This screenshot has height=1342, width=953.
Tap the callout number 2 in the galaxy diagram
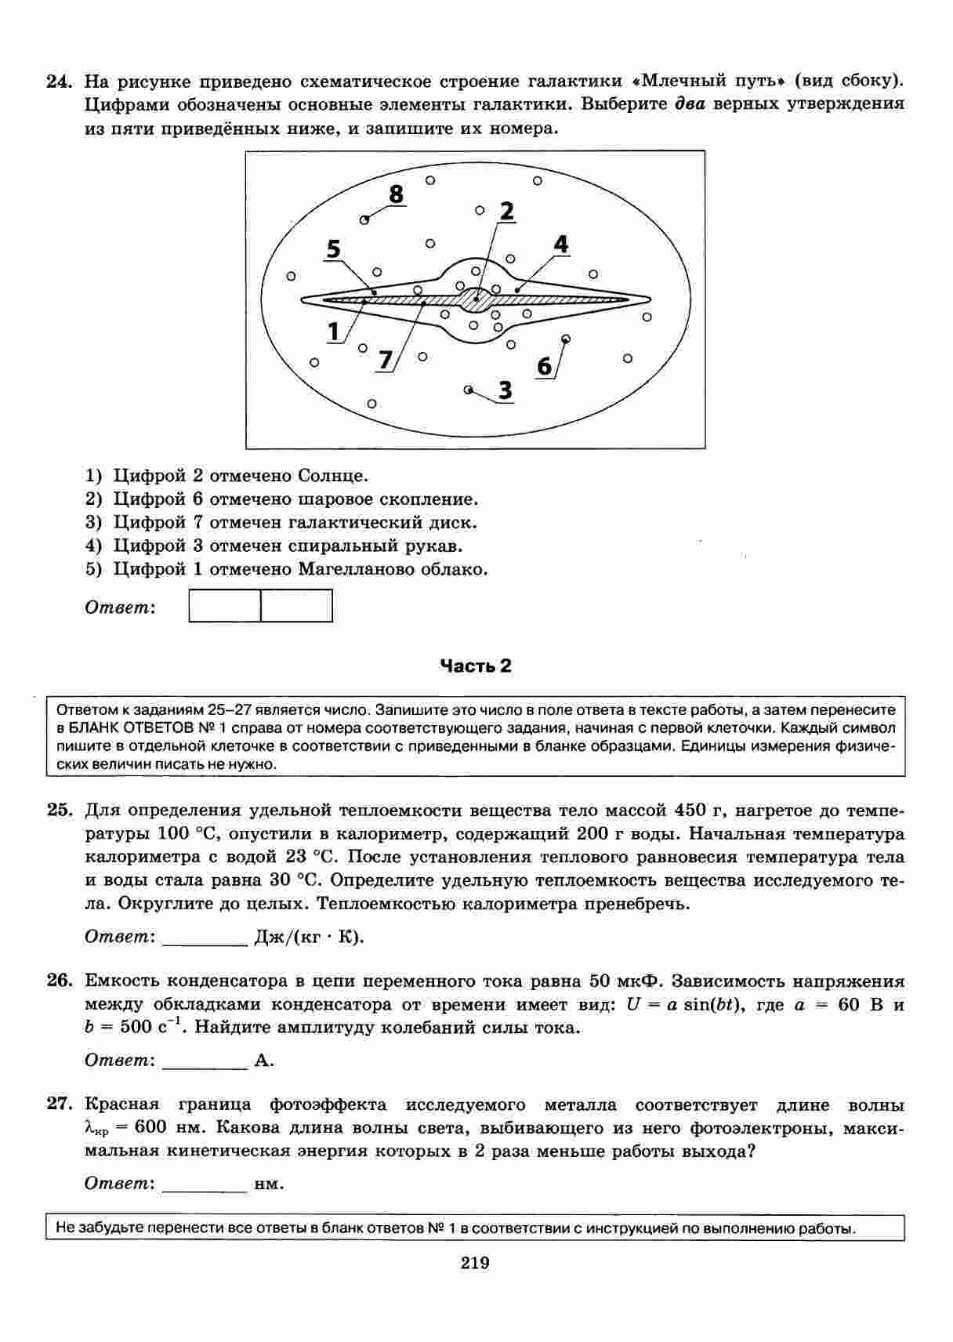tap(506, 211)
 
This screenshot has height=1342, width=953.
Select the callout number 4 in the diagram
tap(560, 245)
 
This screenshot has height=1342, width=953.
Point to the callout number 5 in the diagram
tap(334, 250)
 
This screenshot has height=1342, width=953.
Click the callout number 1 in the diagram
tap(334, 332)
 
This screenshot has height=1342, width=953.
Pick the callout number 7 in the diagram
tap(385, 360)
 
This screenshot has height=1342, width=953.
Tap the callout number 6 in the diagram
tap(545, 366)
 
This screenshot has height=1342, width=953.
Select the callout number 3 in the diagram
tap(505, 390)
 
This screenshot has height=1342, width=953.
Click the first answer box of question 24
tap(225, 606)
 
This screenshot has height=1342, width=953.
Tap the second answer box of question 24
tap(296, 606)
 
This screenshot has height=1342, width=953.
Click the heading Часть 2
tap(476, 666)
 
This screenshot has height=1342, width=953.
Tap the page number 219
tap(475, 1263)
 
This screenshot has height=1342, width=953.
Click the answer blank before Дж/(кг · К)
tap(205, 938)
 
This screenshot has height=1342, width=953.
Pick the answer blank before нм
tap(205, 1184)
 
